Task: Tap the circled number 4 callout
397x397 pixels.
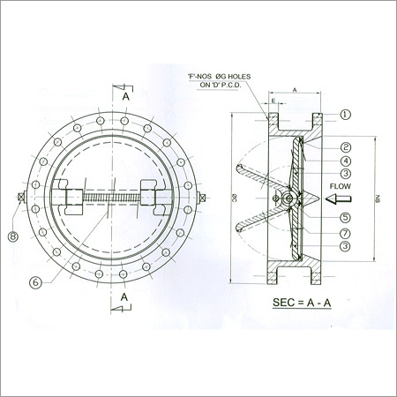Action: (x=346, y=161)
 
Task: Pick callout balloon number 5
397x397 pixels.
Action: (x=346, y=217)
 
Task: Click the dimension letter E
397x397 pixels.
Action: (x=275, y=101)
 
